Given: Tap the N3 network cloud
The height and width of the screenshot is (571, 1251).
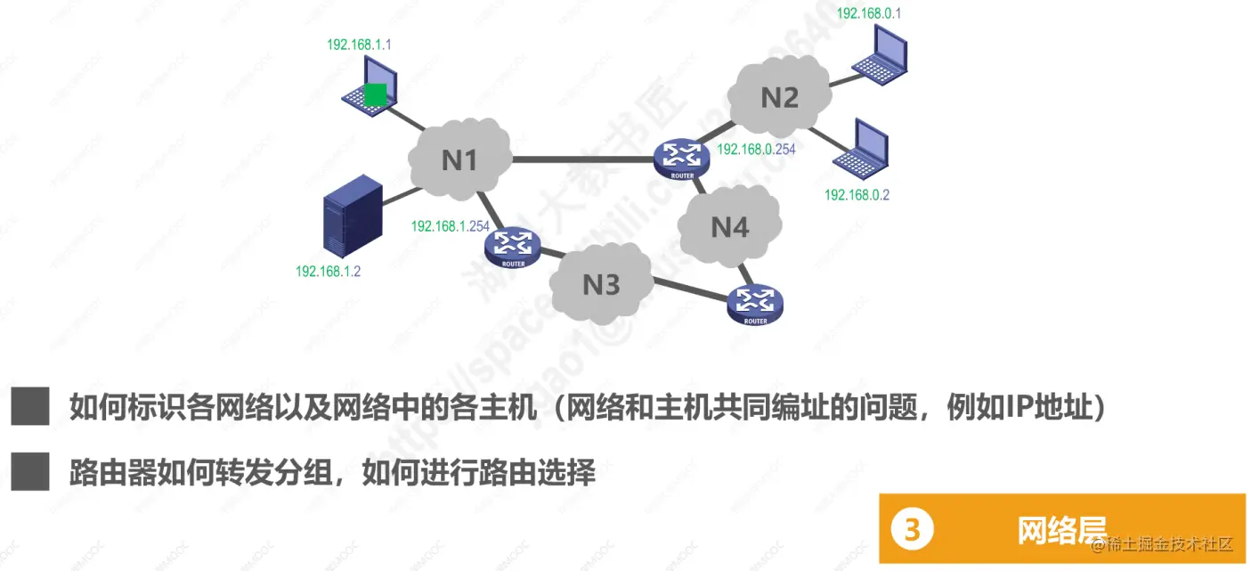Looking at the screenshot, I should (600, 285).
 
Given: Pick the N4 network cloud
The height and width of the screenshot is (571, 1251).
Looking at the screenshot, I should (729, 228).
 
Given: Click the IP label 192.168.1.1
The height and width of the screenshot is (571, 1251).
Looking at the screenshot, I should (359, 44).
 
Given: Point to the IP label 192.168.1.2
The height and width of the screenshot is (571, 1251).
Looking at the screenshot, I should (328, 271).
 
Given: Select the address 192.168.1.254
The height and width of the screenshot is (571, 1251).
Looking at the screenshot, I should (451, 226).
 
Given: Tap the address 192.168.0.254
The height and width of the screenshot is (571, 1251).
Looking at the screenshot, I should (756, 150).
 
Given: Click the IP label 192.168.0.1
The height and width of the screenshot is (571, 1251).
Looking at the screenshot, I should (869, 14).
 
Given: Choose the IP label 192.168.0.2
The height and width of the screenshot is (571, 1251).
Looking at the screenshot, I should (857, 194).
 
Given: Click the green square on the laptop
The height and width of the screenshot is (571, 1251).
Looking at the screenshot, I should (376, 94).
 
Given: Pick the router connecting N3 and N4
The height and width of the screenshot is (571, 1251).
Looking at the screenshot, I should (755, 304).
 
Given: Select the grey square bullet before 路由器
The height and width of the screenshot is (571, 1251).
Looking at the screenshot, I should (30, 471).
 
